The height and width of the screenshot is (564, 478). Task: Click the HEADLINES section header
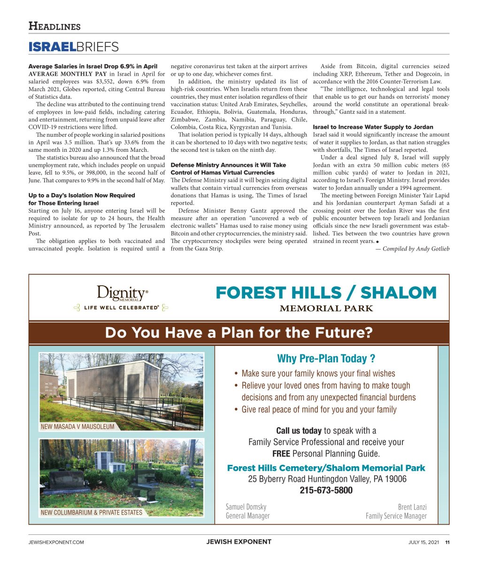(54, 26)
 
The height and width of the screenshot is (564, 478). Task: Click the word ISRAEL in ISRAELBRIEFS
(52, 47)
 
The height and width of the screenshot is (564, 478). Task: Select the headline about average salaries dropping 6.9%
(93, 66)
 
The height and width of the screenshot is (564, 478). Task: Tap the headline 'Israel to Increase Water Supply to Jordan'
(373, 127)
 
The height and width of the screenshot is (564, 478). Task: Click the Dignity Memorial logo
(122, 293)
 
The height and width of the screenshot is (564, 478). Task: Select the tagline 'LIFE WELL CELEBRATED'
(121, 308)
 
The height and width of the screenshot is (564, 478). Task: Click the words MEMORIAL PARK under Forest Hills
(326, 308)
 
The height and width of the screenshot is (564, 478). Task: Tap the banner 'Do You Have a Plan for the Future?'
(239, 333)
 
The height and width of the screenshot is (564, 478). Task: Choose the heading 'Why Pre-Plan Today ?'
(326, 359)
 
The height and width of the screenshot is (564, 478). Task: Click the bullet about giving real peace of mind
(318, 409)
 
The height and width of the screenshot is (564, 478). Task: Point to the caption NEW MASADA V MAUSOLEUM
(77, 427)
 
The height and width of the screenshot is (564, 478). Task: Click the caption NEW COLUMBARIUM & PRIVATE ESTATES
(92, 512)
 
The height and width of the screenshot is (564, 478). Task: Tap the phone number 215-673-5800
(326, 491)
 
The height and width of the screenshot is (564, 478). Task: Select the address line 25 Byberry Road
(327, 479)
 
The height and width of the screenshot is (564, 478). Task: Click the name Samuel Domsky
(246, 507)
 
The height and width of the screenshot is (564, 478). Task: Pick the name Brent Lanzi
(412, 507)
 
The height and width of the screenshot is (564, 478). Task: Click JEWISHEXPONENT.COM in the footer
(56, 542)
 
